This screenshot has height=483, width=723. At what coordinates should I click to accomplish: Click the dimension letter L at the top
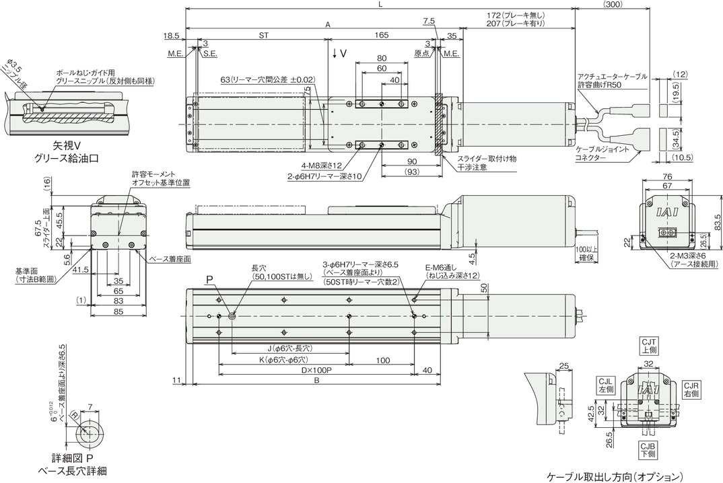click(x=380, y=4)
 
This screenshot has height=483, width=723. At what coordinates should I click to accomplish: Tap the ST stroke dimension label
click(x=263, y=35)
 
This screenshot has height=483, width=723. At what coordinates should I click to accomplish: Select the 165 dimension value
click(x=382, y=35)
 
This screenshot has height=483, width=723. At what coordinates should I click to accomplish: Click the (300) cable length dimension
click(x=613, y=4)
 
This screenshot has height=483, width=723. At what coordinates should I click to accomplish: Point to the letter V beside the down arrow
click(x=343, y=53)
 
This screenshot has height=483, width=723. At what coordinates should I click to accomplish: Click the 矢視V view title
click(x=64, y=146)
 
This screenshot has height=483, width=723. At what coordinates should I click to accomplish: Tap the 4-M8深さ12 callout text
click(x=322, y=165)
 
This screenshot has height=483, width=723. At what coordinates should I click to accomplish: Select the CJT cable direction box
click(x=648, y=346)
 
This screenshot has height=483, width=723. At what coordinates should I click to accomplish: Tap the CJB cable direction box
click(x=648, y=450)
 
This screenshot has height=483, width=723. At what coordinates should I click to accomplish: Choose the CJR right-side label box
click(x=691, y=390)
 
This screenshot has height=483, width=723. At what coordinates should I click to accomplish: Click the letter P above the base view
click(x=209, y=280)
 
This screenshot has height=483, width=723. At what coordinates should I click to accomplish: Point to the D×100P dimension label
click(x=316, y=371)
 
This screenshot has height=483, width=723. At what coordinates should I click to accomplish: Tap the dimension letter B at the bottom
click(x=316, y=380)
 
